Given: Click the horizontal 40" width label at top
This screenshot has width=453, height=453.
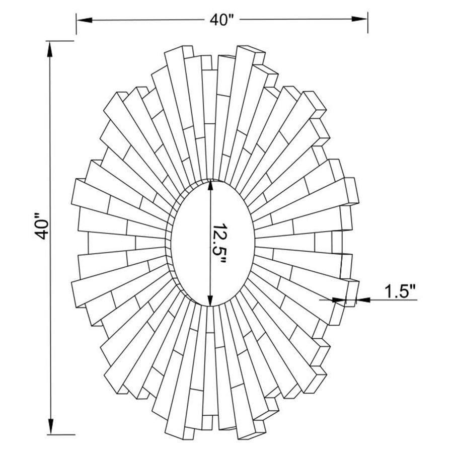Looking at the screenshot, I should (x=222, y=20).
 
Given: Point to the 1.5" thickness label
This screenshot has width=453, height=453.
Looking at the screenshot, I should (x=401, y=291).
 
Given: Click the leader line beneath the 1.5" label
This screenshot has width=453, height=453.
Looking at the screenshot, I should (x=393, y=300).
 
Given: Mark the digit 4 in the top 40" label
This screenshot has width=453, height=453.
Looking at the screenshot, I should (x=214, y=20).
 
